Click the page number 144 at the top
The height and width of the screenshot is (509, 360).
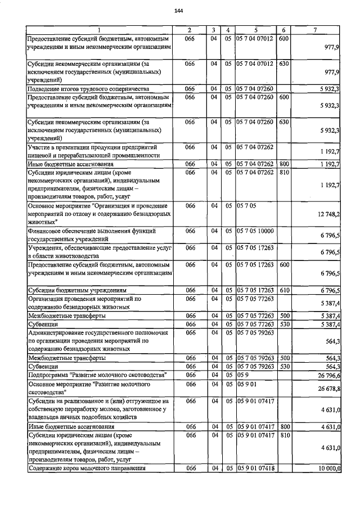coord(179,11)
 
